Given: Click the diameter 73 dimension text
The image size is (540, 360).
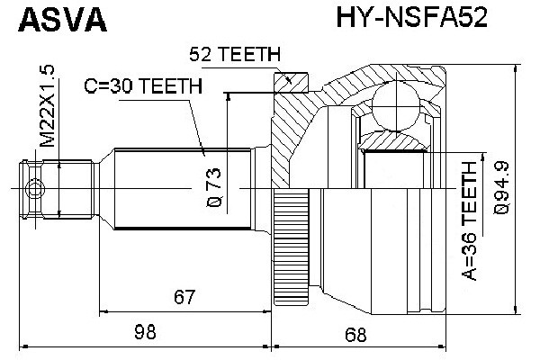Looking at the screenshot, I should click(x=214, y=186).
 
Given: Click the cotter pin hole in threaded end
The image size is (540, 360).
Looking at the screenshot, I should click(x=35, y=188).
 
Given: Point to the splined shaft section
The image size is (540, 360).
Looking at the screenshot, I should click(x=180, y=188).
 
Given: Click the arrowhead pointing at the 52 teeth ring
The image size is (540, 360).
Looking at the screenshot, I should click(x=289, y=80).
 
